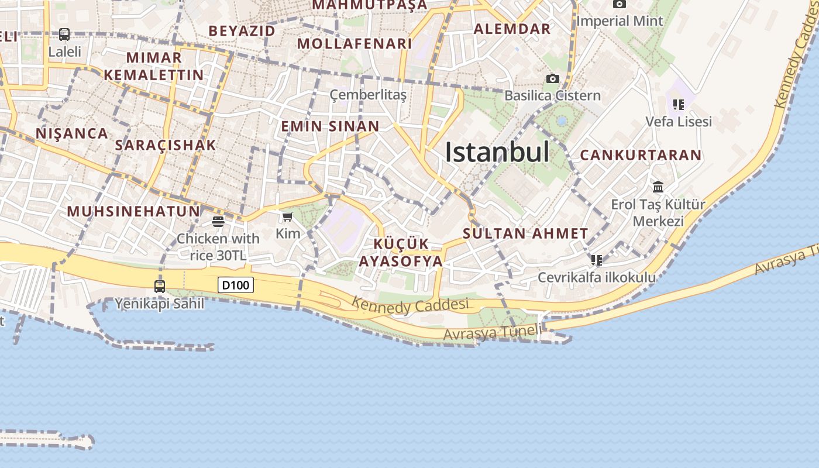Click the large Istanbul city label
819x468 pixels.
pos(497,153)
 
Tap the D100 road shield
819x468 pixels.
pos(236,285)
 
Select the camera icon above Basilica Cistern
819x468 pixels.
pos(552,78)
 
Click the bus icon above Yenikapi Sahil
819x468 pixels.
pos(160,286)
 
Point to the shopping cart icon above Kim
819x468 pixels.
pos(287,217)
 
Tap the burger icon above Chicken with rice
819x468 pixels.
pos(218,222)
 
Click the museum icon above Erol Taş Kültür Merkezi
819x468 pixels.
pos(658,187)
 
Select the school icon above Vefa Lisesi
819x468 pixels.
pos(679,105)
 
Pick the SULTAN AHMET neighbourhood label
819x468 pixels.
pos(525,233)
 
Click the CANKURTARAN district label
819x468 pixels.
pos(641,155)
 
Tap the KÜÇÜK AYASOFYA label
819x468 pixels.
pos(401,253)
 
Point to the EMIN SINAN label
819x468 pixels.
pos(330,126)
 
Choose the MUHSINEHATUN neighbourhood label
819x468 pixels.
pos(133,211)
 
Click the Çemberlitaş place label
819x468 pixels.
pos(368,95)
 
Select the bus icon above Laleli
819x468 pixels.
pos(64,35)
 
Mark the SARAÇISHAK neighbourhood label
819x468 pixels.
pos(166,145)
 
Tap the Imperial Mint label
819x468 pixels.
pos(620,21)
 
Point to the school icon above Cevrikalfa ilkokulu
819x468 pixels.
pos(596,260)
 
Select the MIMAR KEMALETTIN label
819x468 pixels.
pos(154,66)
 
